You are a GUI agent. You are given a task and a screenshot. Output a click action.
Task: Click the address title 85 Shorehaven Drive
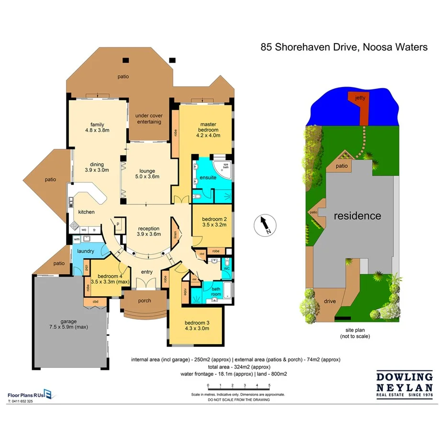[344, 47]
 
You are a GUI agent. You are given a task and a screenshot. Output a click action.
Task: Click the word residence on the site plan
[357, 216]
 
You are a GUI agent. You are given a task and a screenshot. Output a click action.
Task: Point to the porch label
[144, 301]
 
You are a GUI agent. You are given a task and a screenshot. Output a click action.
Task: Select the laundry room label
[84, 251]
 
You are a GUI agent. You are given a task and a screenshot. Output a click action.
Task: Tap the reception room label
[148, 231]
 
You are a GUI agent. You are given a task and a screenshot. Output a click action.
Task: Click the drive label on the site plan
[329, 301]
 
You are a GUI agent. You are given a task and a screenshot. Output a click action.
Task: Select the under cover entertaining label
[148, 119]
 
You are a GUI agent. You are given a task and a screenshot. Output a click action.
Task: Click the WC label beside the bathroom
[227, 268]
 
